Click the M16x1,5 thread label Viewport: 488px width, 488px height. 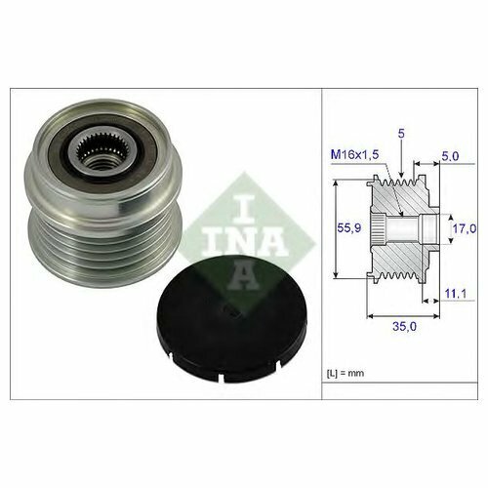pyautogui.click(x=355, y=154)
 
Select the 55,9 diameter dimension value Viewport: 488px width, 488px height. pyautogui.click(x=349, y=227)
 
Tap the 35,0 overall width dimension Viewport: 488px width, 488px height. pyautogui.click(x=404, y=326)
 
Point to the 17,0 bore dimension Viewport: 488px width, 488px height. pyautogui.click(x=465, y=228)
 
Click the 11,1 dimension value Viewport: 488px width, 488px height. pyautogui.click(x=455, y=294)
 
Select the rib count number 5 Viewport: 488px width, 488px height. pyautogui.click(x=401, y=134)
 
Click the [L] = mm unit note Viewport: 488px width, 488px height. pyautogui.click(x=346, y=373)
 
